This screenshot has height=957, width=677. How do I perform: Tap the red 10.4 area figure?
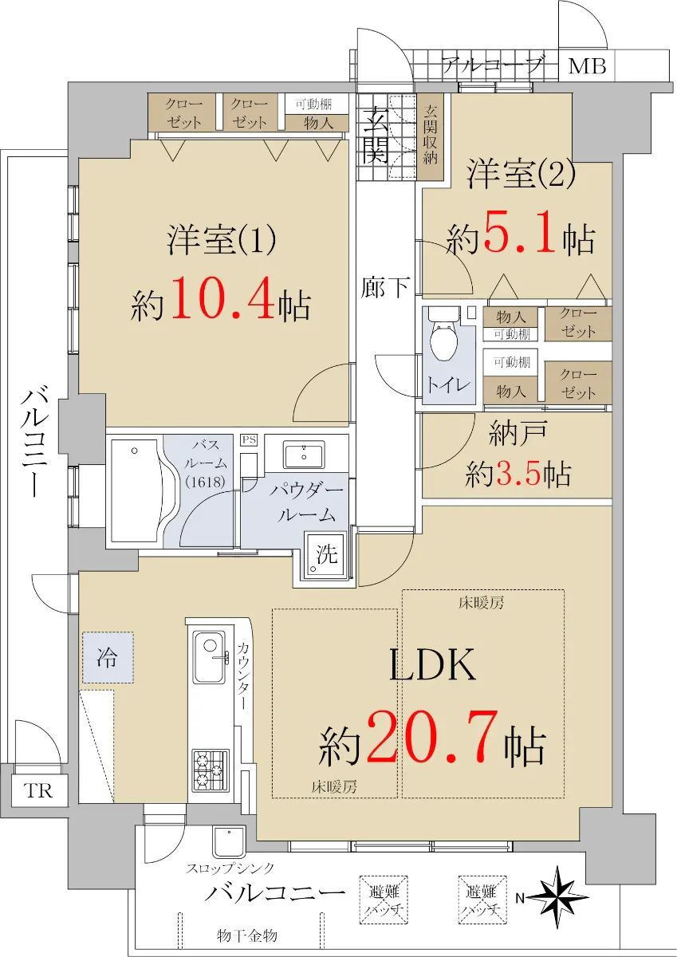222,297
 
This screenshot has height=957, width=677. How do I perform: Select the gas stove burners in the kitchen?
211,770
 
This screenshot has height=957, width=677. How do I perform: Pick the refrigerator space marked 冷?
108,657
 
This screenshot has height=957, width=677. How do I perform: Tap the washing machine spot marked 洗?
326,553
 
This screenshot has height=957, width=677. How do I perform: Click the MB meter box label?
587,66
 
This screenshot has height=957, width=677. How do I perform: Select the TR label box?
38,790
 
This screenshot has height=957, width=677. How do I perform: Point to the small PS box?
249,440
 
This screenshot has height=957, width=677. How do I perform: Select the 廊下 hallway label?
385,287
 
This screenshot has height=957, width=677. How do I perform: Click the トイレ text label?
448,385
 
